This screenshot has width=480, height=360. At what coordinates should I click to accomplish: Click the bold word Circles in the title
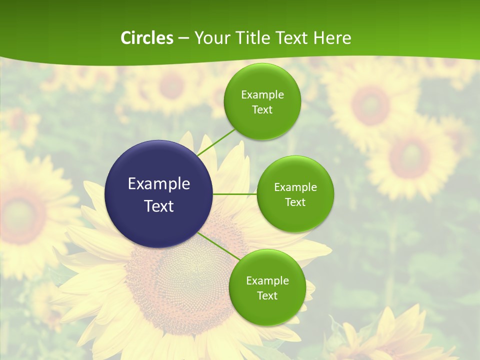coord(147,38)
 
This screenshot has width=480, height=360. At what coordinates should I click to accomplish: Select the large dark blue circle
coord(159,194)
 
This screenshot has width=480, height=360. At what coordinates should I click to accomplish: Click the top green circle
coord(262,101)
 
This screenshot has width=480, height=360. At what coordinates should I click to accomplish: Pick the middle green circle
coord(295,194)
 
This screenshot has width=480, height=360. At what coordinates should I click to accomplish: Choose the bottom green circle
coord(267,287)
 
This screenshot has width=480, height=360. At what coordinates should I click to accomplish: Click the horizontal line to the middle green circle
coord(235,194)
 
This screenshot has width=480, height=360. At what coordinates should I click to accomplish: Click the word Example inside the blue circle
coord(159,184)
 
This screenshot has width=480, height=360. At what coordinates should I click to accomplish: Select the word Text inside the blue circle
coord(159,206)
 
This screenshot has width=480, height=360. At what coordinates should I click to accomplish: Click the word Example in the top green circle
coord(262,94)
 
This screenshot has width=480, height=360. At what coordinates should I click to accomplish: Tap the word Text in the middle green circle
coord(295,202)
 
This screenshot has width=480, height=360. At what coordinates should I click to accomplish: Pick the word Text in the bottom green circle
coord(267,295)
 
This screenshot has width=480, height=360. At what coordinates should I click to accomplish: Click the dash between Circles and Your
coord(183,38)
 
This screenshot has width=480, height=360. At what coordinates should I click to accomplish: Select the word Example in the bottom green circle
coord(267,280)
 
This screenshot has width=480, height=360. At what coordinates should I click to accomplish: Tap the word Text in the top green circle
coord(262,109)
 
